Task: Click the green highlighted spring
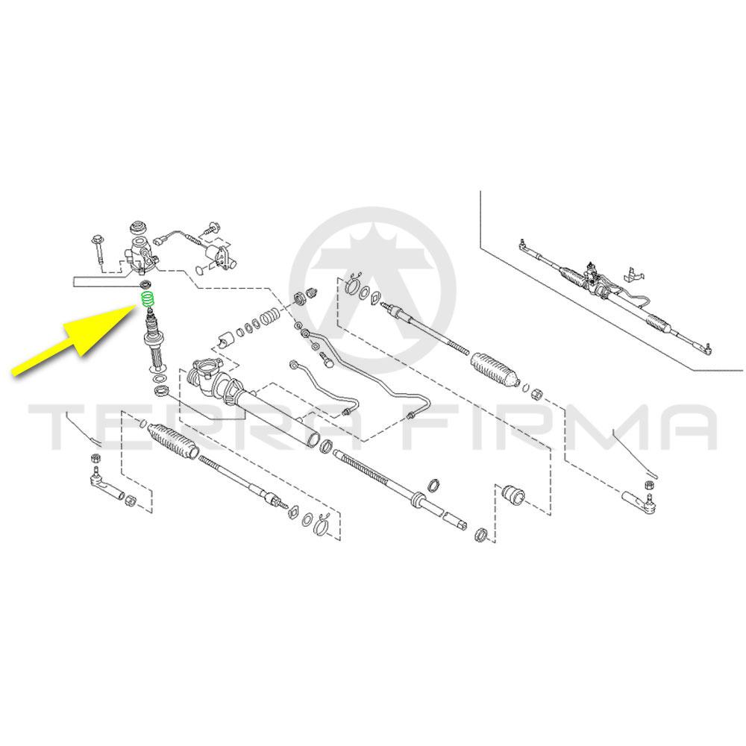pos(148,300)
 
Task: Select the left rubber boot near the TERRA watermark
pos(173,439)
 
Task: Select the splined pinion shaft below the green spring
pos(155,339)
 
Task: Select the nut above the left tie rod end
pos(95,459)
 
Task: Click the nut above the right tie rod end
pos(648,486)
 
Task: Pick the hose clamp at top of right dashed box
pos(353,284)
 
